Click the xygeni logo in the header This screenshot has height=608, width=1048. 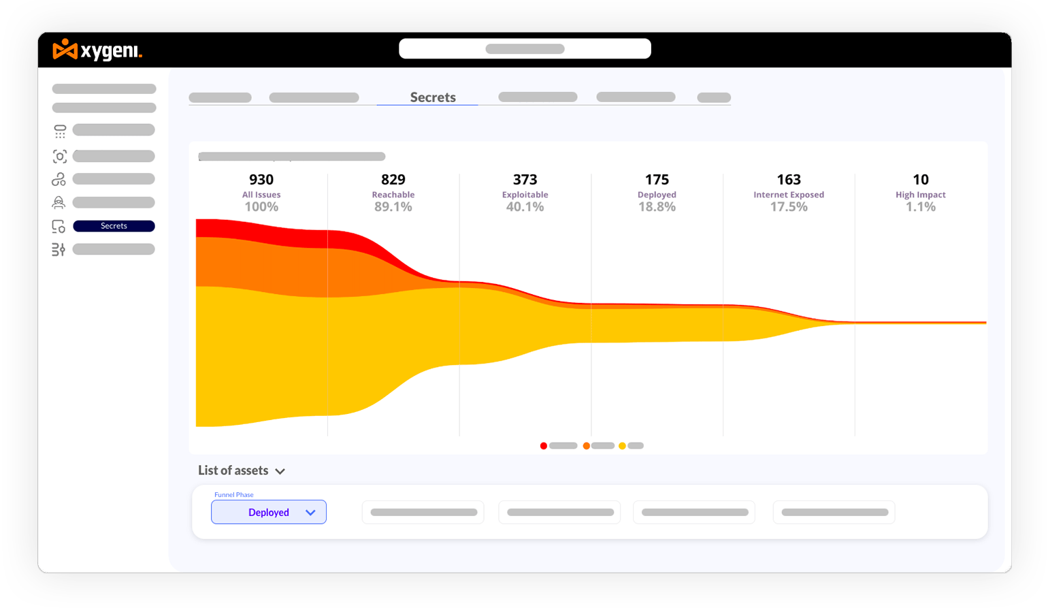(x=97, y=50)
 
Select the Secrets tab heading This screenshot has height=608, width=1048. (x=433, y=97)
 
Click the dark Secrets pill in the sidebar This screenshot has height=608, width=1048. (x=114, y=226)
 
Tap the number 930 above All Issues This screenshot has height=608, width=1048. (x=261, y=179)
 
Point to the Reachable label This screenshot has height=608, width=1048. (x=393, y=194)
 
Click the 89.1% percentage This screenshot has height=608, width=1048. (x=393, y=206)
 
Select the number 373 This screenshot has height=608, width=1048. (x=525, y=179)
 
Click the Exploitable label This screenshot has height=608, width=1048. (x=525, y=194)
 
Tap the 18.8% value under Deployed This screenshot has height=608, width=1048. (x=657, y=206)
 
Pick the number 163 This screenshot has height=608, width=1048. (x=789, y=179)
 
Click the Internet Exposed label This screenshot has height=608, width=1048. (x=789, y=194)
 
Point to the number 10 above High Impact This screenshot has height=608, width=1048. (x=921, y=179)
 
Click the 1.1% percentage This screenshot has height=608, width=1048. (x=921, y=206)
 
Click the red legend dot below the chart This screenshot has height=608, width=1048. (x=543, y=445)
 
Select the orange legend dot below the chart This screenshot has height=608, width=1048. (x=586, y=445)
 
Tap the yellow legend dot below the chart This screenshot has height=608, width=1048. (x=622, y=445)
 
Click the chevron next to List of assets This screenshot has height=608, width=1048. (x=280, y=471)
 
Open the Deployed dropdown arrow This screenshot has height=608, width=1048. (x=310, y=513)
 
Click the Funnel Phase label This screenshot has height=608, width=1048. (x=233, y=494)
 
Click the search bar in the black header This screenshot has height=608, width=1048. (x=525, y=48)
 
